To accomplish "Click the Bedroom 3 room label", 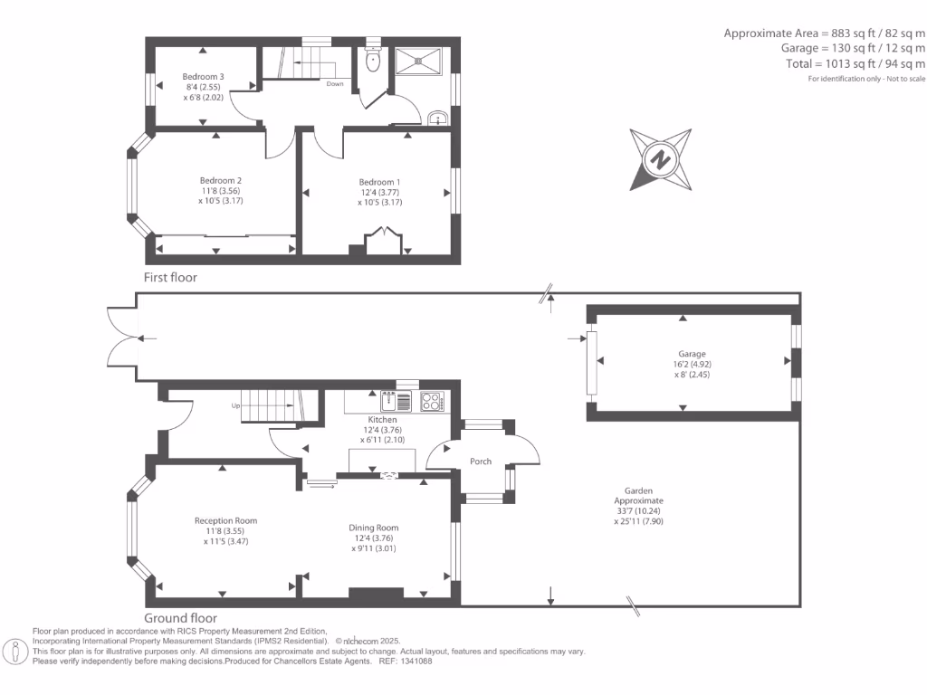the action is click(x=203, y=77).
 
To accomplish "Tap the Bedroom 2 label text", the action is click(x=221, y=181).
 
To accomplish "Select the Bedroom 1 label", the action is click(x=379, y=183).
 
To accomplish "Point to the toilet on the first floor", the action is click(x=372, y=59).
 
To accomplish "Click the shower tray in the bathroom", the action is click(x=418, y=62).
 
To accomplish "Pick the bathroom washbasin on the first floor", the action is click(x=437, y=118).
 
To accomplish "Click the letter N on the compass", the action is click(x=660, y=159).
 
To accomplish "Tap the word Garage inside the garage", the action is click(x=692, y=354).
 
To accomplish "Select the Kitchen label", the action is click(x=383, y=420).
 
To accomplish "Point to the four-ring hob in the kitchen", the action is click(x=432, y=402).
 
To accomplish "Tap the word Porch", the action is click(x=481, y=462).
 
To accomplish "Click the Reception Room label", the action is click(x=225, y=521).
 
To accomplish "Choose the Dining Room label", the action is click(x=374, y=528).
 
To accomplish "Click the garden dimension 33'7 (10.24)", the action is click(x=638, y=511).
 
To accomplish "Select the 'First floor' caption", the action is click(x=170, y=277).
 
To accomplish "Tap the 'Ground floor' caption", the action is click(x=180, y=618).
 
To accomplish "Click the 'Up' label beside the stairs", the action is click(x=235, y=406).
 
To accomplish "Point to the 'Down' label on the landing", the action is click(x=335, y=84).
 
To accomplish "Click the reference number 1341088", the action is click(x=416, y=662).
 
